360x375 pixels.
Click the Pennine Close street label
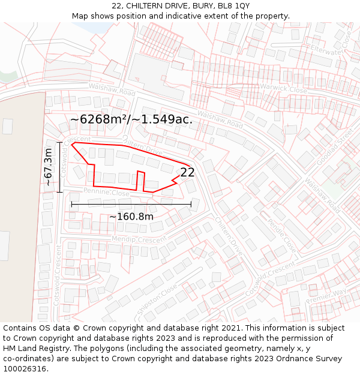tap(106, 193)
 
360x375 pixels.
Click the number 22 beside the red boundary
tap(187, 172)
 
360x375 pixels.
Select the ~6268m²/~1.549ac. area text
tap(131, 119)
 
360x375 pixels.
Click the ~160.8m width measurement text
tap(131, 217)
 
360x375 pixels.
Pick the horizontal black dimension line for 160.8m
tap(131, 204)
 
